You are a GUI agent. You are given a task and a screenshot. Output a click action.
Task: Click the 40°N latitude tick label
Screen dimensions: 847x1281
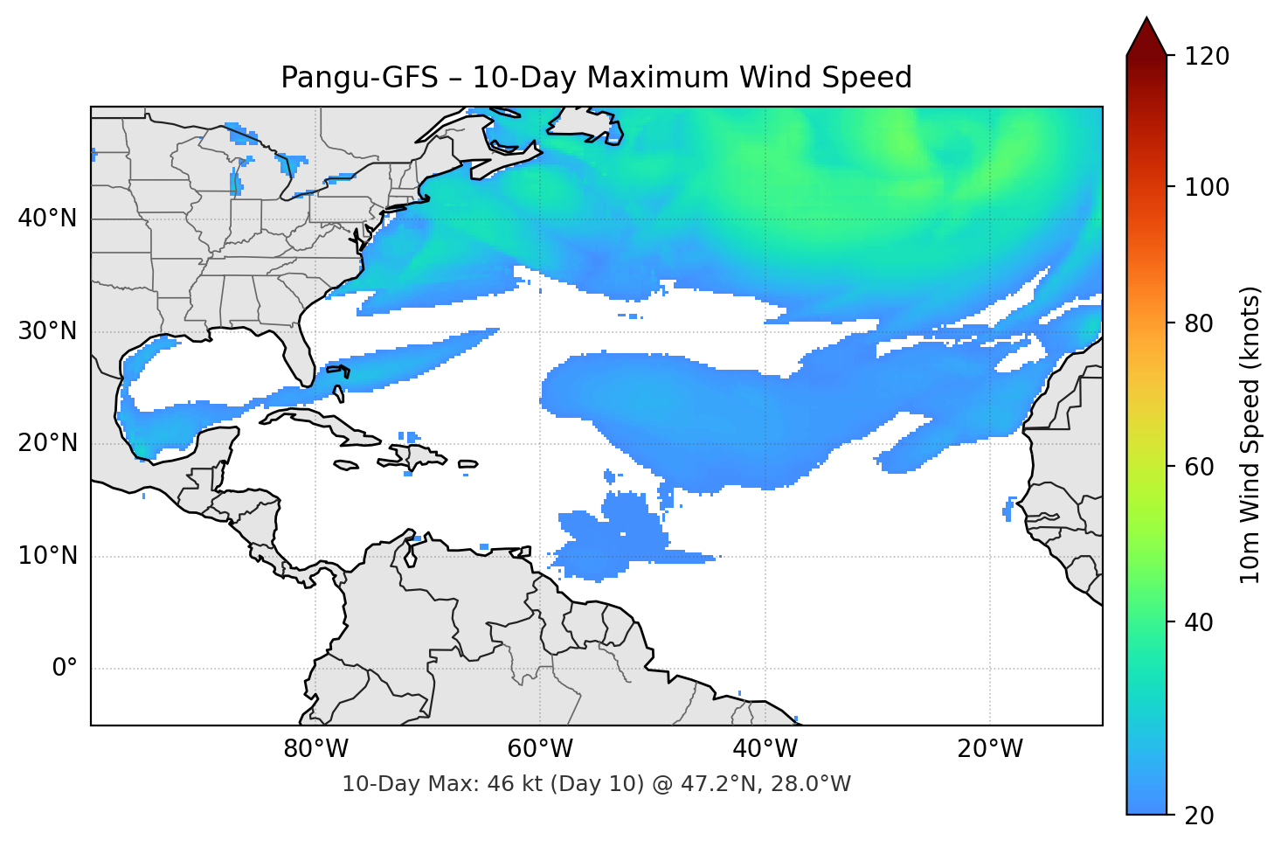pyautogui.click(x=47, y=219)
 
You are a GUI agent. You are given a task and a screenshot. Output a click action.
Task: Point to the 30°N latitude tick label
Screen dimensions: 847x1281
pyautogui.click(x=47, y=331)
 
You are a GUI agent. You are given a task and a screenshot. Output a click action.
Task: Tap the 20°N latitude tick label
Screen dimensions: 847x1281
pyautogui.click(x=47, y=443)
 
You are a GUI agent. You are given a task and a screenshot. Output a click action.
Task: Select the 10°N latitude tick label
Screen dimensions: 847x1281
pyautogui.click(x=47, y=556)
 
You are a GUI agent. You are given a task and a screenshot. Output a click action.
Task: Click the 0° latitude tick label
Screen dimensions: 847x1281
pyautogui.click(x=65, y=669)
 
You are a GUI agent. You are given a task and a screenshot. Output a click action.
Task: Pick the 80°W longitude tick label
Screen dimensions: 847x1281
pyautogui.click(x=316, y=749)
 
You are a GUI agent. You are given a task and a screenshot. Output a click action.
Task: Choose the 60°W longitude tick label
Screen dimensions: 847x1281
pyautogui.click(x=541, y=749)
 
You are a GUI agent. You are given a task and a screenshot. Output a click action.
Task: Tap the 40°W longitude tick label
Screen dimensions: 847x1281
pyautogui.click(x=765, y=749)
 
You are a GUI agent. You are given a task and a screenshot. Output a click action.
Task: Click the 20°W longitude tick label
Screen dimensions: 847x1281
pyautogui.click(x=990, y=749)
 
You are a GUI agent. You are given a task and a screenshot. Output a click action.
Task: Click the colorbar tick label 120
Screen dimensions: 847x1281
pyautogui.click(x=1207, y=57)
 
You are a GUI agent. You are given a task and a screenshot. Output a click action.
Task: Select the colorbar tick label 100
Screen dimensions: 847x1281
pyautogui.click(x=1207, y=187)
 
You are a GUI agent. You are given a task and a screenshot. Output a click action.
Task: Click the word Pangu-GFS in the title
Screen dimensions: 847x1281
pyautogui.click(x=359, y=78)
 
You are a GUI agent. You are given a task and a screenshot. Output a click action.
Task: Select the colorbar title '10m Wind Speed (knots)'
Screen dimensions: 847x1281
pyautogui.click(x=1250, y=434)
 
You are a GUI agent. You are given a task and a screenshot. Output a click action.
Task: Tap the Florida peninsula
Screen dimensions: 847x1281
pyautogui.click(x=298, y=354)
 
